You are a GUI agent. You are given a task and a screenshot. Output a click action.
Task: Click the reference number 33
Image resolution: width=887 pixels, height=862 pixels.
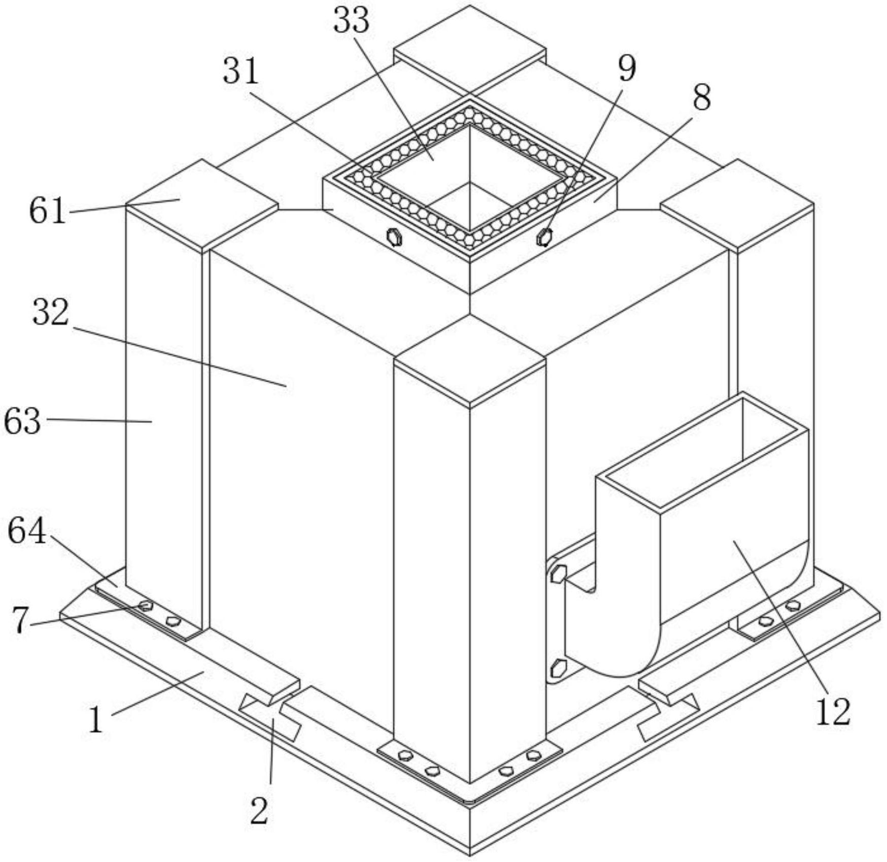coord(351,21)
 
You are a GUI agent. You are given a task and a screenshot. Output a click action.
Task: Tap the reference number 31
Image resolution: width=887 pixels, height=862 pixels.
coord(241,71)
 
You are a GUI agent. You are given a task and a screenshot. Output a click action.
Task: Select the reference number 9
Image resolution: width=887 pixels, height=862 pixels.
coord(627,68)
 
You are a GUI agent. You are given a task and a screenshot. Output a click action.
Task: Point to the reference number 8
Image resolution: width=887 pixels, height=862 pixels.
coord(701,97)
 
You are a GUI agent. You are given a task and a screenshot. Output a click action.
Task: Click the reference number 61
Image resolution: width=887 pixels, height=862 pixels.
coord(47,210)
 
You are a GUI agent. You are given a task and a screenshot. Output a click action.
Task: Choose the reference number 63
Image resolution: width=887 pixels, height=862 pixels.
coord(22,421)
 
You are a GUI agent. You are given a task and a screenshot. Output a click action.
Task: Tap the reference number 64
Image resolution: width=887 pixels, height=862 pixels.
coord(26,531)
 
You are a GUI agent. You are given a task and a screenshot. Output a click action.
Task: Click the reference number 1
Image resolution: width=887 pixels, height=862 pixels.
coord(95,719)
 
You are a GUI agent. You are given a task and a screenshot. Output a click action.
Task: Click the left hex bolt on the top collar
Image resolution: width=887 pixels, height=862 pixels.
coord(394,237)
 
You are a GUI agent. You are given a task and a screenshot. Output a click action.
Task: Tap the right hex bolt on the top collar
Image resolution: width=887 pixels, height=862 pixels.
coord(544,237)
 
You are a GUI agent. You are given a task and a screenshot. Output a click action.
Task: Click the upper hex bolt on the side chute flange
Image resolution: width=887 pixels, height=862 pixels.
coord(558,574)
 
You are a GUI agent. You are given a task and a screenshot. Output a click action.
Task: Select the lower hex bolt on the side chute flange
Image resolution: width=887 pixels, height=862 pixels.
coord(558,667)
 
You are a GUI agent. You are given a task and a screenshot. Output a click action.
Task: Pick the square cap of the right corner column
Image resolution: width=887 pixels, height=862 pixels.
coord(737,204)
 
